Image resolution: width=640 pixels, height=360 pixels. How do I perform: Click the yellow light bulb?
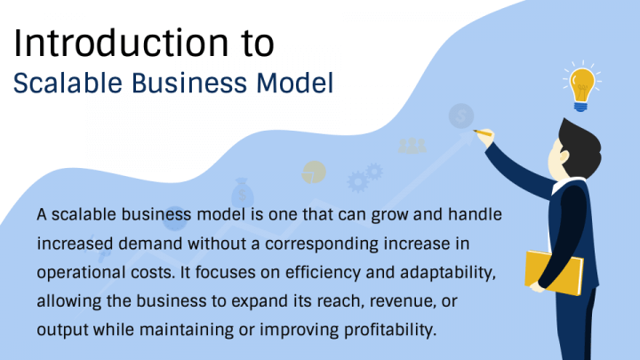click(582, 87)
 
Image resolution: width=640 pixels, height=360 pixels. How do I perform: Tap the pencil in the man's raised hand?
click(484, 133)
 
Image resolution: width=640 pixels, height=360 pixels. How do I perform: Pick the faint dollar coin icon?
click(460, 115)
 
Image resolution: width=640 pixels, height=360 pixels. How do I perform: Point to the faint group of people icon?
click(412, 144)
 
